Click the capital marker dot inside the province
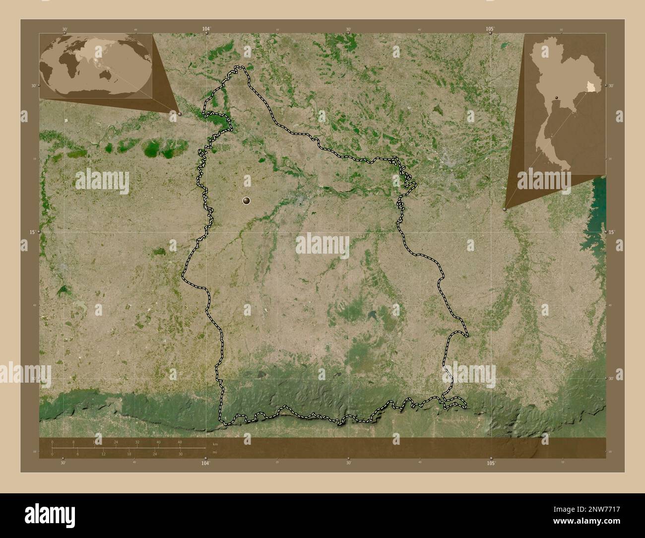click(x=247, y=201)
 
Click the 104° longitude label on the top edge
click(x=206, y=29)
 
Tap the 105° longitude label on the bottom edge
click(x=491, y=463)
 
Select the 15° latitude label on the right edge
click(x=611, y=232)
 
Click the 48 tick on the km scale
click(x=180, y=442)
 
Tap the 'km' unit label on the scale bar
click(x=215, y=444)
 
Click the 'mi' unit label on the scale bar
click(x=214, y=452)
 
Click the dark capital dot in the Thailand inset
click(x=557, y=97)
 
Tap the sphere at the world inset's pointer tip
click(x=179, y=114)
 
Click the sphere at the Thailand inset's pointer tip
click(x=505, y=209)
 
